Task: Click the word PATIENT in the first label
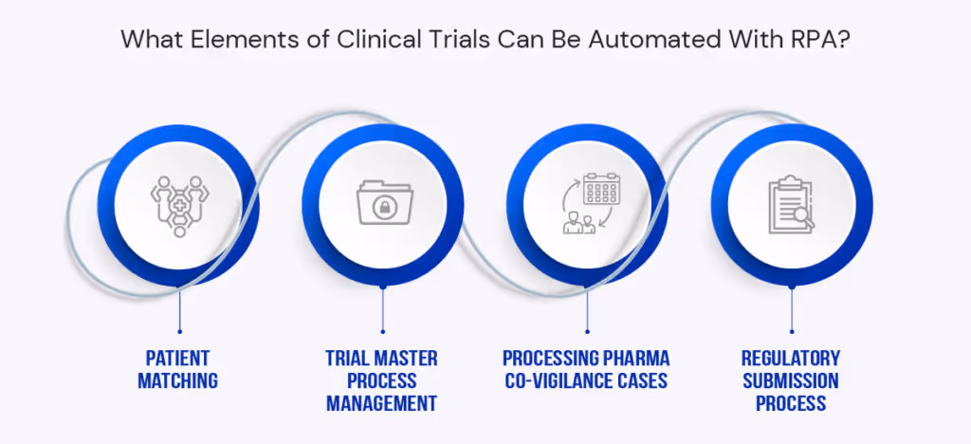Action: [177, 359]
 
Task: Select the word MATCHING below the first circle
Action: [177, 381]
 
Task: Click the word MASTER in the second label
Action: [404, 359]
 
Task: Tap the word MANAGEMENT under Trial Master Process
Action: [382, 404]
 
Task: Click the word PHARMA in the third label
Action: [635, 359]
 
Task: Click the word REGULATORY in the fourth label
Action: [792, 359]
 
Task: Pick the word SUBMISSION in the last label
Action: [792, 381]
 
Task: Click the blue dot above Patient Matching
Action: [178, 331]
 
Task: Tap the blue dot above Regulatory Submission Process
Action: [792, 331]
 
